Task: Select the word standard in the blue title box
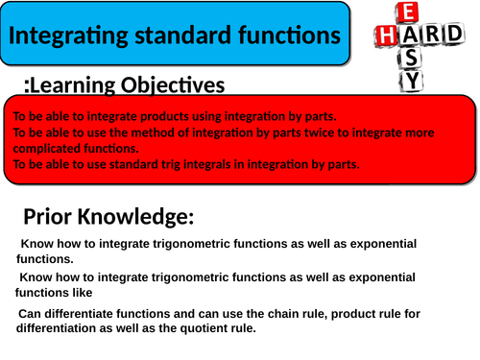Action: click(x=175, y=36)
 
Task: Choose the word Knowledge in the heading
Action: click(x=140, y=216)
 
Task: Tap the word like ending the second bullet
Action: click(x=83, y=292)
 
